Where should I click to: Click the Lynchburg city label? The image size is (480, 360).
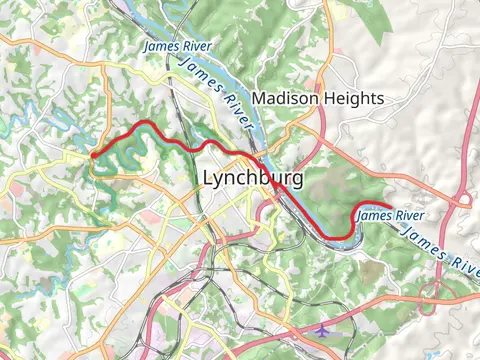pos(252,178)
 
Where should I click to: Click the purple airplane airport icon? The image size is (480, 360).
pos(320,329)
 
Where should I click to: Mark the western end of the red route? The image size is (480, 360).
pos(92,155)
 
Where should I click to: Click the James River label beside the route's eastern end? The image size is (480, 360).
pos(391,215)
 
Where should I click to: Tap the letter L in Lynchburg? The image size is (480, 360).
pos(208,177)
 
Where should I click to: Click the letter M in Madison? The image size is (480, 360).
pos(259,98)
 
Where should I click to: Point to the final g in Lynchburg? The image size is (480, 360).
pos(296,181)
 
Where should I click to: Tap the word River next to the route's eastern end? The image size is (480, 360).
pos(407,215)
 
